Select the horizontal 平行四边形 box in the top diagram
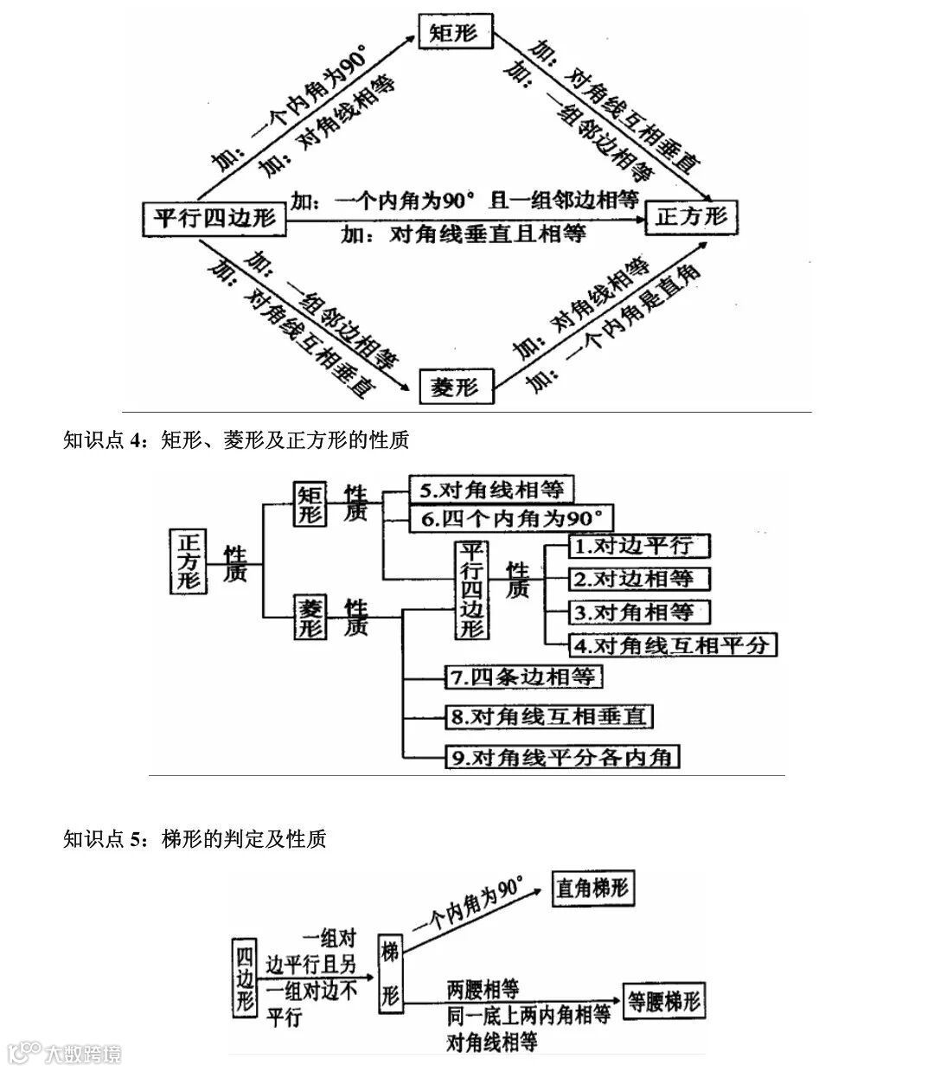pos(214,218)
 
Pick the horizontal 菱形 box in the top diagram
pos(455,387)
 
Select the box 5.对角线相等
pos(491,490)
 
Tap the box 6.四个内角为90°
pos(510,518)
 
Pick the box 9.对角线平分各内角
pos(560,757)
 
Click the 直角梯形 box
pos(593,888)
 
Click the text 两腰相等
pos(483,988)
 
